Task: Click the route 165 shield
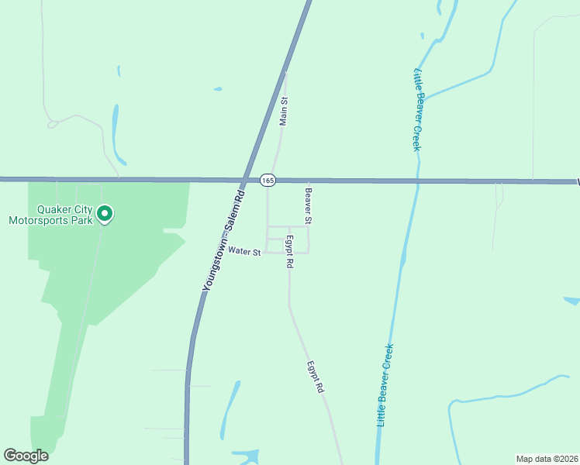pos(268,180)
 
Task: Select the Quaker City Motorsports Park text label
pos(50,215)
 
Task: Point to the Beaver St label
pos(308,206)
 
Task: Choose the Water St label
pos(244,251)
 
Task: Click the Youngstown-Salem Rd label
pos(223,240)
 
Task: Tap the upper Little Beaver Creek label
pos(416,109)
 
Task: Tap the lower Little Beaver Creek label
pos(384,384)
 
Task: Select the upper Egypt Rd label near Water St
pos(289,252)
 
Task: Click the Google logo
pos(26,456)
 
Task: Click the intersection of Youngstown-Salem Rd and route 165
pos(246,180)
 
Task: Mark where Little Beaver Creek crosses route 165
pos(417,181)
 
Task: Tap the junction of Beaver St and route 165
pos(309,181)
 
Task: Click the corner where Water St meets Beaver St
pos(309,252)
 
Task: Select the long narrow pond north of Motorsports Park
pos(116,129)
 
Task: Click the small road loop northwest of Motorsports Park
pos(53,123)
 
